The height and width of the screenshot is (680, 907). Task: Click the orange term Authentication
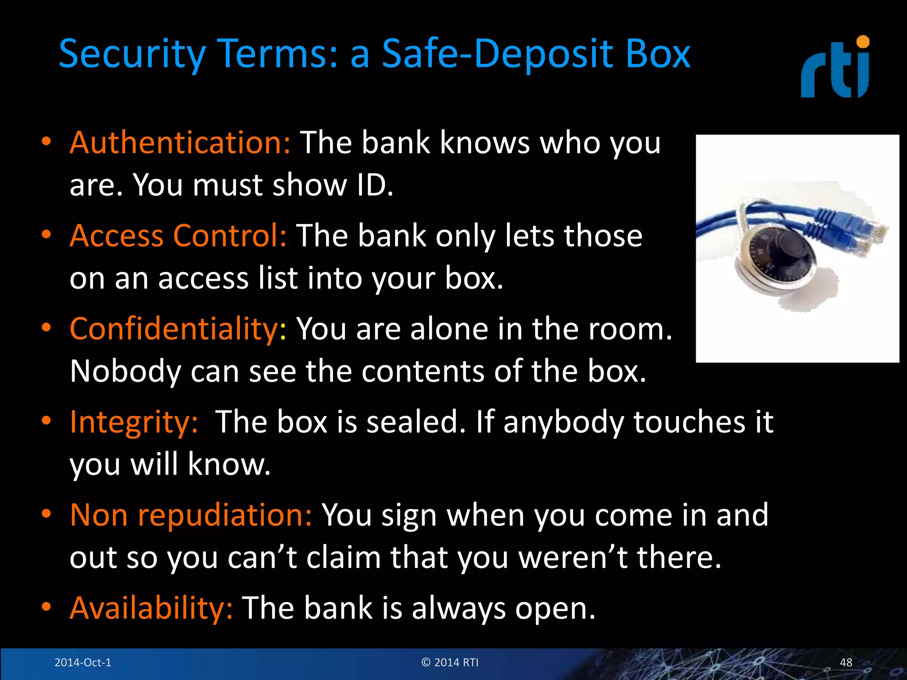pyautogui.click(x=180, y=143)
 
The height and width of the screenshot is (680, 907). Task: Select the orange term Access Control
pyautogui.click(x=178, y=236)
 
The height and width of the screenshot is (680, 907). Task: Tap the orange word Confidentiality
pyautogui.click(x=174, y=329)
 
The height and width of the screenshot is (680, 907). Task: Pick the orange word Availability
pyautogui.click(x=151, y=608)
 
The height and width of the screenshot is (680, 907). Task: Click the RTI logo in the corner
pyautogui.click(x=835, y=69)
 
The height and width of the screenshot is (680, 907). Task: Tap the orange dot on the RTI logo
pyautogui.click(x=863, y=42)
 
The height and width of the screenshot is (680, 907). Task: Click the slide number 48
pyautogui.click(x=845, y=662)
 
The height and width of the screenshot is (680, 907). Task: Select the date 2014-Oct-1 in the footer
pyautogui.click(x=83, y=662)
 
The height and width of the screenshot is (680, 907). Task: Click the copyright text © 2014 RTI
pyautogui.click(x=450, y=662)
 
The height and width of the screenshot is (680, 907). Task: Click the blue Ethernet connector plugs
pyautogui.click(x=855, y=230)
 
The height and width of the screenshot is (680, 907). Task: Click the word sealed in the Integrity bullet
pyautogui.click(x=416, y=422)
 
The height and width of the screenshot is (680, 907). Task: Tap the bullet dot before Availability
pyautogui.click(x=46, y=607)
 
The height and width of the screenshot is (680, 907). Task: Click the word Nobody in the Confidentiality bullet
pyautogui.click(x=125, y=371)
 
